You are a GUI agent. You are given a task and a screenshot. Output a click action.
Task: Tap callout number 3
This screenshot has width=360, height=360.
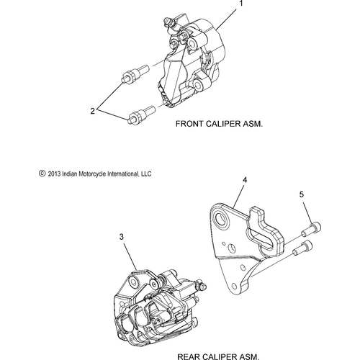point(122,237)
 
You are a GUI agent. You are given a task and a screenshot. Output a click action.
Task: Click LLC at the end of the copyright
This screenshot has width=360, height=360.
point(145,174)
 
